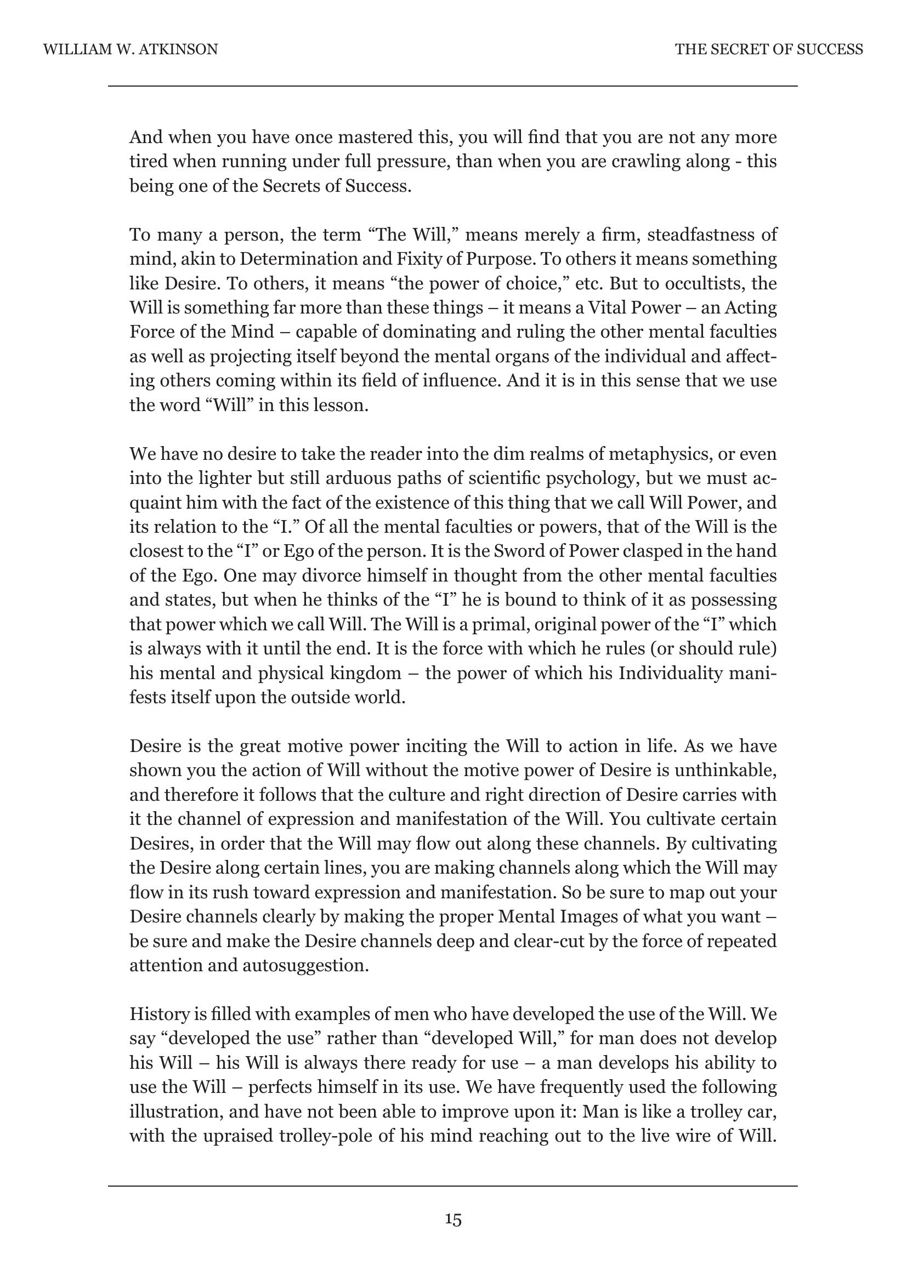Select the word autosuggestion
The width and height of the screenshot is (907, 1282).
point(306,966)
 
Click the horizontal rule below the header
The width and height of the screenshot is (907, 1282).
point(453,87)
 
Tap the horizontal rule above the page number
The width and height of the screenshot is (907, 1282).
point(453,1186)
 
